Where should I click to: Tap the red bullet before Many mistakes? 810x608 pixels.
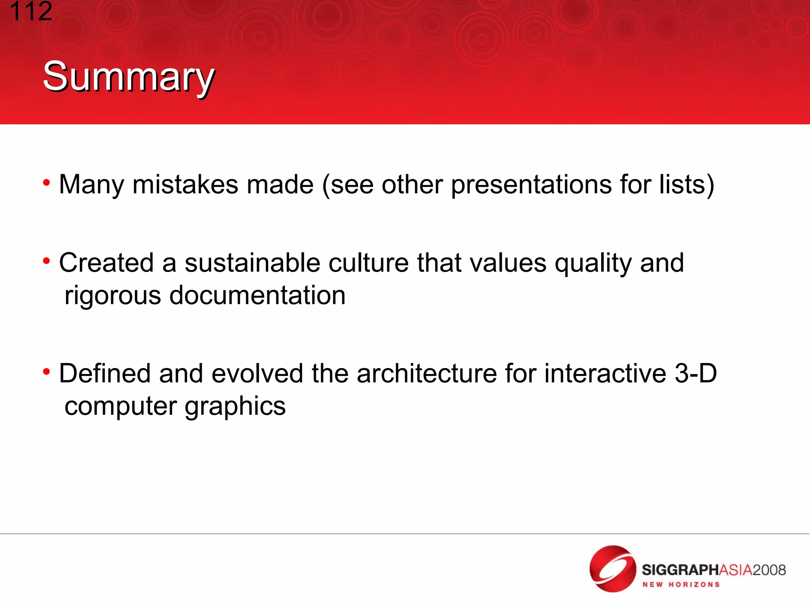[x=47, y=183]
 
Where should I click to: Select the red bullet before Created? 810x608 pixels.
[x=47, y=261]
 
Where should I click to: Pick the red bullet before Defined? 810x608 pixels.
[x=47, y=372]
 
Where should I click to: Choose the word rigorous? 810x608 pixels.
[x=113, y=296]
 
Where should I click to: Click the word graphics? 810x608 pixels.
[x=235, y=407]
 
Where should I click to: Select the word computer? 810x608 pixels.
[x=121, y=407]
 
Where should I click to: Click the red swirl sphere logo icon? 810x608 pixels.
[x=612, y=568]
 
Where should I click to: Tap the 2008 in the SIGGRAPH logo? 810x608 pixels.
[x=769, y=570]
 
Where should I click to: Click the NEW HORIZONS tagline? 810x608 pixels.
[x=681, y=585]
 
